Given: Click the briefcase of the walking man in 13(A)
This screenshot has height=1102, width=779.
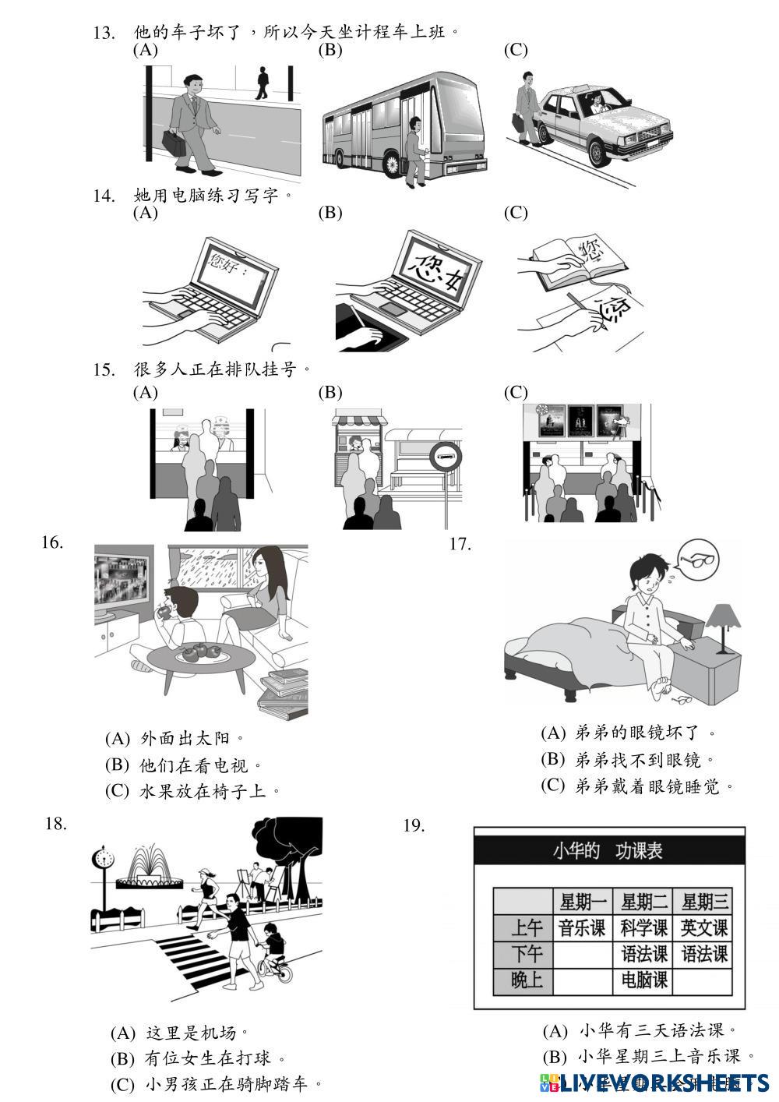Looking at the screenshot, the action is click(174, 143).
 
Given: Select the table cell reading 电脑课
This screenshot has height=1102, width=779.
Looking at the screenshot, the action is click(643, 980).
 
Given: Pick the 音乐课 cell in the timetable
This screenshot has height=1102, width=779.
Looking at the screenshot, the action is click(582, 927).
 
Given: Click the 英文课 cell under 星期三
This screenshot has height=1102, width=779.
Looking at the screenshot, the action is click(704, 927).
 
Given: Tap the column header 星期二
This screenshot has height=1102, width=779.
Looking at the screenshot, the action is click(643, 902).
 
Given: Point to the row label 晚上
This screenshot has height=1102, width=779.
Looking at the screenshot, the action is click(527, 980).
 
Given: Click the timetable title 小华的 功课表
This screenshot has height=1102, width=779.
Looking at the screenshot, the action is click(608, 850).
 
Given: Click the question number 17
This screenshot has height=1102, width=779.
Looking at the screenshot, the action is click(460, 544).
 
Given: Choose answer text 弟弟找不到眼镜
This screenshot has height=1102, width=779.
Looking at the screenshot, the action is click(644, 759).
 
